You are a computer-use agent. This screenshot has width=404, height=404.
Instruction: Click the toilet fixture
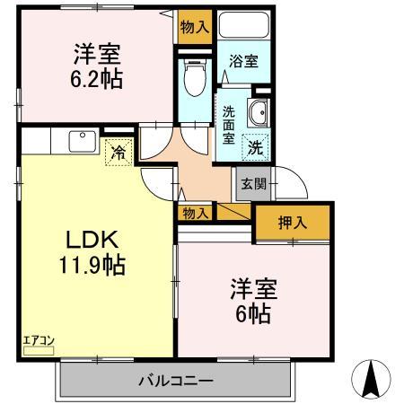193,78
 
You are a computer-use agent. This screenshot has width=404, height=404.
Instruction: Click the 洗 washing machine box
256,145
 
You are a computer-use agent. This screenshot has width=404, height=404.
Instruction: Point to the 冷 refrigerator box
118,153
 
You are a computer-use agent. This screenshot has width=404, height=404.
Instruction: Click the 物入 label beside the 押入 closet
195,213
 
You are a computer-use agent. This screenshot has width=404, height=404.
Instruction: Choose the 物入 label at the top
195,27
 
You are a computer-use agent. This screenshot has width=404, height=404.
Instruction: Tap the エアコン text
39,339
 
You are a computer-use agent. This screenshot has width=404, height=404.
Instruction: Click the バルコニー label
175,379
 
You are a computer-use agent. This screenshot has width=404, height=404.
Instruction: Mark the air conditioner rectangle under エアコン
39,350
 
